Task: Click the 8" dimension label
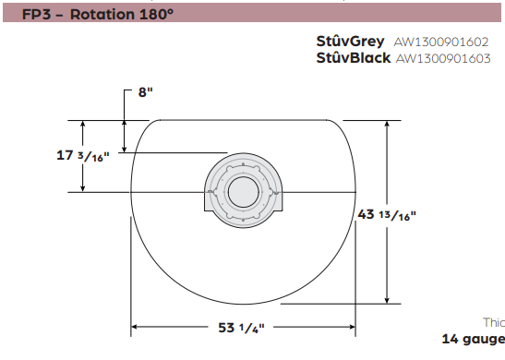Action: click(145, 92)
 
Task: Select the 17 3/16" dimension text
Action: click(83, 156)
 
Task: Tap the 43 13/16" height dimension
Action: click(387, 215)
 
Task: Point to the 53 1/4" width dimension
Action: click(241, 328)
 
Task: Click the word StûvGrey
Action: click(350, 42)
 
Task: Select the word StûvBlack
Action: click(354, 58)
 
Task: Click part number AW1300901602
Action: click(441, 42)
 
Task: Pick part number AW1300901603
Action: click(443, 58)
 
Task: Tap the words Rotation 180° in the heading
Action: click(122, 14)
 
